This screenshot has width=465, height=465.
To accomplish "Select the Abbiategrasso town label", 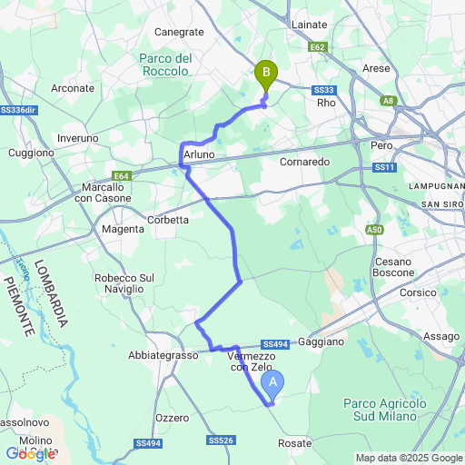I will pyautogui.click(x=163, y=356).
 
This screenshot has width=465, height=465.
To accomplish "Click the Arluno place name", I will pyautogui.click(x=199, y=156).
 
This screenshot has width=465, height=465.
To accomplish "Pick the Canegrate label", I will pyautogui.click(x=179, y=32).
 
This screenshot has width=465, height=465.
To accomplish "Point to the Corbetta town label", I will pyautogui.click(x=168, y=220).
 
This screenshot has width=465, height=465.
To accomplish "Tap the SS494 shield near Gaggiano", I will pyautogui.click(x=274, y=344).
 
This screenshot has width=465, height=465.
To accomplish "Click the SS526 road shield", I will pyautogui.click(x=220, y=440).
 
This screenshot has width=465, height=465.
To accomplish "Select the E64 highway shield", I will pyautogui.click(x=124, y=176).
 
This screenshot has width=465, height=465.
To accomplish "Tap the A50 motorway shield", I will pyautogui.click(x=374, y=230).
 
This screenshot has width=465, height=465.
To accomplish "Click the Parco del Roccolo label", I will pyautogui.click(x=166, y=65).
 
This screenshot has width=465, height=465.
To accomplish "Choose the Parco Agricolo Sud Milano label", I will pyautogui.click(x=385, y=410).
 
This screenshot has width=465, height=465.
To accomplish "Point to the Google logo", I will pyautogui.click(x=30, y=453).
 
